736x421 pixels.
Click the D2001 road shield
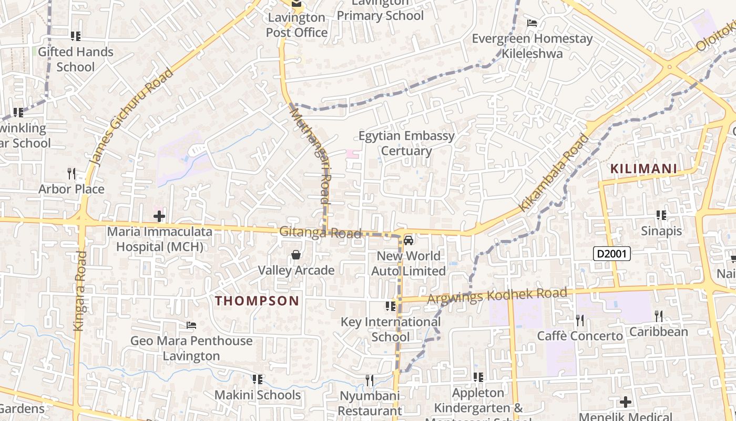[x=612, y=254]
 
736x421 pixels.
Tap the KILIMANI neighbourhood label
[x=643, y=169]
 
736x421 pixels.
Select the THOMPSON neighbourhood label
[x=257, y=300]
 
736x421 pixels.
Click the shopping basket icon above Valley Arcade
[x=296, y=255]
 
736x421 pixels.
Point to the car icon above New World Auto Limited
[x=408, y=241]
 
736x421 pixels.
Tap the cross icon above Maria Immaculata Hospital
[x=159, y=216]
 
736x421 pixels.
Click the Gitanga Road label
[x=320, y=232]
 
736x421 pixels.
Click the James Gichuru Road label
[x=131, y=117]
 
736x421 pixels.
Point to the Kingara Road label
[x=79, y=290]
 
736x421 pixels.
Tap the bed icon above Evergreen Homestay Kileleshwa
[x=532, y=23]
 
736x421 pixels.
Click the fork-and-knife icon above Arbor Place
[x=71, y=173]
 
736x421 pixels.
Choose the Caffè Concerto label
[x=579, y=336]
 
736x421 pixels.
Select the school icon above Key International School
[x=390, y=306]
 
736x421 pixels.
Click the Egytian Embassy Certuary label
[x=406, y=143]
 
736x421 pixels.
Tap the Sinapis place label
[x=661, y=231]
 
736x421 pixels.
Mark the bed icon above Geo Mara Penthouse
[x=191, y=325]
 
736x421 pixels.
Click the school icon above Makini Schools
[x=257, y=379]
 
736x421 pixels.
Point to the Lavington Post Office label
[x=297, y=25]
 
